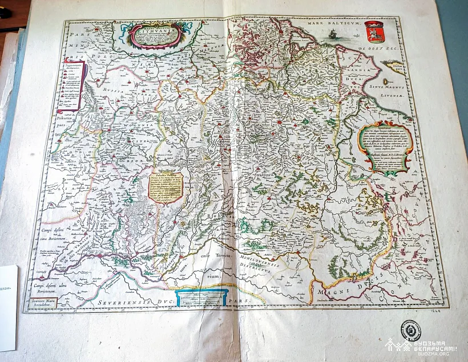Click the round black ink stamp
[x=410, y=330]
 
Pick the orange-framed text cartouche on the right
[x=384, y=148]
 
